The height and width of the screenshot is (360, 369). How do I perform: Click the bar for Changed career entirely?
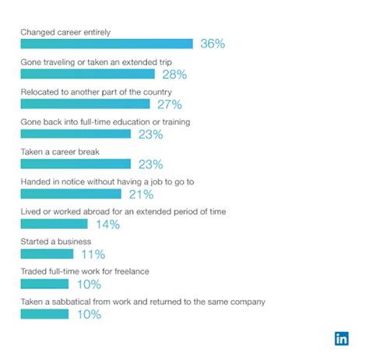[107, 44]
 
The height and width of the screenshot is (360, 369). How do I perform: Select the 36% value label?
[213, 44]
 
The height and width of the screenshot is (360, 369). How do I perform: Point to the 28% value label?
[174, 74]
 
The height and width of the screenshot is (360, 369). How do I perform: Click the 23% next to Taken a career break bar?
[150, 164]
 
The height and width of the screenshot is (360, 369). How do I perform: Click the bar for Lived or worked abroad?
[54, 224]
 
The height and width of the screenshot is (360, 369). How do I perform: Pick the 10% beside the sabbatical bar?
[88, 315]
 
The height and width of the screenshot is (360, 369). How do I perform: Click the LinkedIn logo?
[342, 338]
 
